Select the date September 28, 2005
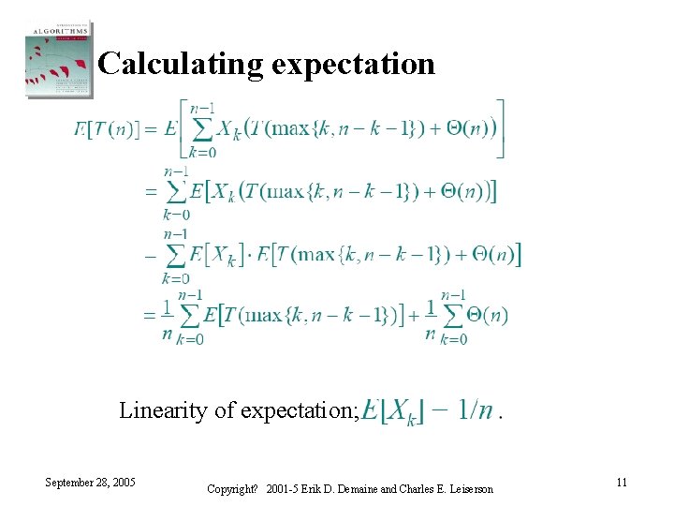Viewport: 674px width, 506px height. pyautogui.click(x=90, y=482)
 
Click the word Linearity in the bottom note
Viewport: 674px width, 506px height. pyautogui.click(x=155, y=409)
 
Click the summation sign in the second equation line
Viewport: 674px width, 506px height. pyautogui.click(x=175, y=191)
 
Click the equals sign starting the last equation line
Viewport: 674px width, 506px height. pyautogui.click(x=150, y=316)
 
